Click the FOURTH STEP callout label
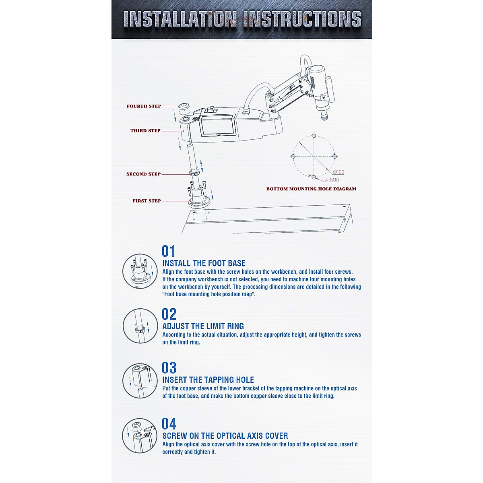point(144,106)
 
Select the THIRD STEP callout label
point(145,131)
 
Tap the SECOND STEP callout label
point(143,174)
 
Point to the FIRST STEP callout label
point(147,201)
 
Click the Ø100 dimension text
point(339,172)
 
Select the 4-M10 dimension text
point(332,180)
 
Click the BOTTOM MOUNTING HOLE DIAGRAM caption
point(311,189)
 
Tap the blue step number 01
point(169,252)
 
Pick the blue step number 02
point(169,314)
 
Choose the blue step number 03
point(169,368)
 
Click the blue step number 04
point(169,424)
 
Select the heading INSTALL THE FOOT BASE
point(204,264)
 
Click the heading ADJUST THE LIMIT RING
point(203,326)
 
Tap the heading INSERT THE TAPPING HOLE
point(208,380)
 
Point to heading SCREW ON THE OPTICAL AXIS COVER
point(225,436)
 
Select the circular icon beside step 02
point(140,326)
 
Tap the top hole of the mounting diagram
point(314,136)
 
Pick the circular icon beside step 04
point(140,436)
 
